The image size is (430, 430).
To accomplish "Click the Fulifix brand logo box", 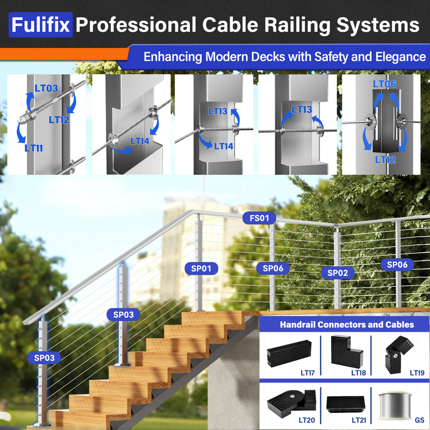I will coord(40,25).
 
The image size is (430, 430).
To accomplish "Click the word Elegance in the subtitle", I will coord(396,56).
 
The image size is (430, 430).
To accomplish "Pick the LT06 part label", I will coord(384,84).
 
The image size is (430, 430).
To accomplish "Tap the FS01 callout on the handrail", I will coord(259,218).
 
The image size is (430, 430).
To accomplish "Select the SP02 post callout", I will coord(338,273).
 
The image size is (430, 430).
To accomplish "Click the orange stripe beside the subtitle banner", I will coord(64,54).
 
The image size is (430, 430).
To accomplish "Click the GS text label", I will coord(419,419).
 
